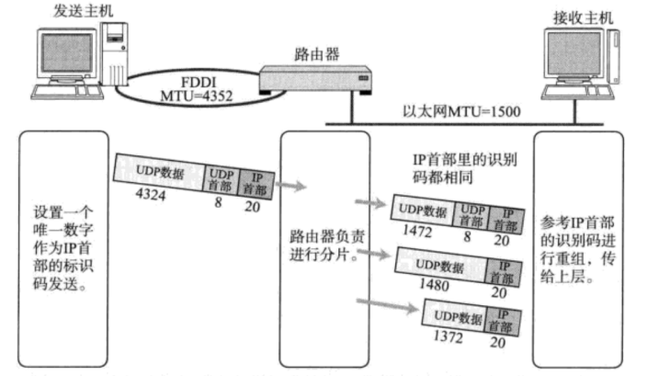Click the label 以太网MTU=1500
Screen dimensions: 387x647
point(461,112)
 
